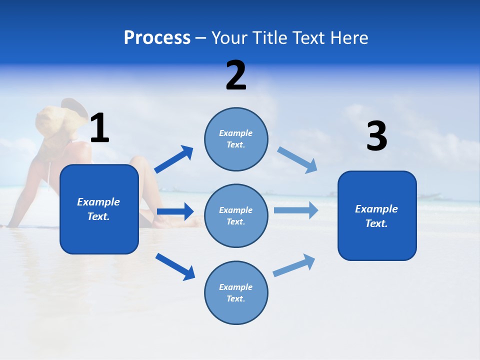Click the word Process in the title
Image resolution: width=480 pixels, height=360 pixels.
point(157,38)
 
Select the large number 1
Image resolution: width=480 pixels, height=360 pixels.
point(99,128)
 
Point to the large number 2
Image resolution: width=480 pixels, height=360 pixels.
point(236,76)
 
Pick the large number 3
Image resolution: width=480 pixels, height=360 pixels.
point(376,137)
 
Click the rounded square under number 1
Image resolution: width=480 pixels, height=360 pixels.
point(99,209)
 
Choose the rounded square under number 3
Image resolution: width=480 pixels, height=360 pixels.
point(377,215)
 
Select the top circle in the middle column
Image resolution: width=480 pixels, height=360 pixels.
point(236,139)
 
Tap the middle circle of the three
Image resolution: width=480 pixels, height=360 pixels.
point(236,215)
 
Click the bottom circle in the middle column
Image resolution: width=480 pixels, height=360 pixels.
point(236,292)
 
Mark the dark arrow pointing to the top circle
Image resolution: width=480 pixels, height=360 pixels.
point(174,159)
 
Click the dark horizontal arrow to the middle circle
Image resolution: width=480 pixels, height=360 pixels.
point(175,211)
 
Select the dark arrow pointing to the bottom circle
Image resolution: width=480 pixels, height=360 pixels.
point(175,266)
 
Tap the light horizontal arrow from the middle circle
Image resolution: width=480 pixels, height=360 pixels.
point(296,210)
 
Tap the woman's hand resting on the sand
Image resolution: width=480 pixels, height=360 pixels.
point(9,225)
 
